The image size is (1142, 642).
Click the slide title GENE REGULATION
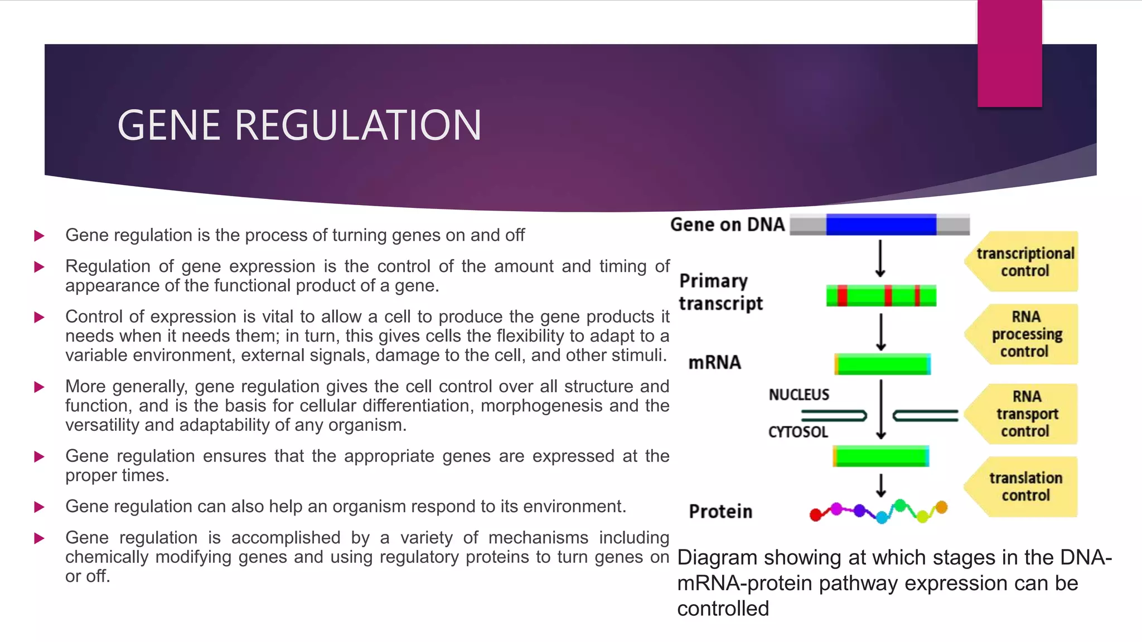299,125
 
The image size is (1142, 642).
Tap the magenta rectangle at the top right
1009,53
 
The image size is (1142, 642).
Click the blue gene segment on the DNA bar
881,225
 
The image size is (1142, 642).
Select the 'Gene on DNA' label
727,225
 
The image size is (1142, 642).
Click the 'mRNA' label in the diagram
714,363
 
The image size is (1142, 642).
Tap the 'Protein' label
720,512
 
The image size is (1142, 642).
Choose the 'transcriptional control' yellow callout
1024,262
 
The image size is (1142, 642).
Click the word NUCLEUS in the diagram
799,395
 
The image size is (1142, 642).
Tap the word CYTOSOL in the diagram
798,432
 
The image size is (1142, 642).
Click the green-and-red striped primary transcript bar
881,295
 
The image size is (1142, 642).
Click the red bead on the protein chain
816,514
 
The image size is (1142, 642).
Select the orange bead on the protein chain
941,507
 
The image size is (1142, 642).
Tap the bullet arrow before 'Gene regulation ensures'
39,457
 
